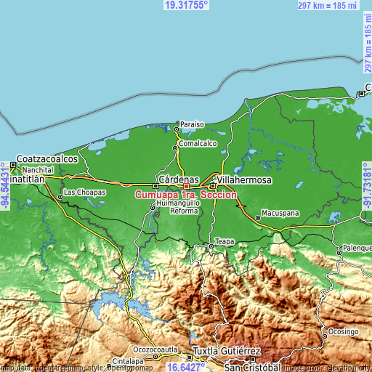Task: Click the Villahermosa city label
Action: click(x=246, y=179)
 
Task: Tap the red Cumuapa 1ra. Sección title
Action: click(x=186, y=194)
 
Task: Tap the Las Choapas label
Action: click(x=85, y=193)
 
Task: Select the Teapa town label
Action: click(x=224, y=240)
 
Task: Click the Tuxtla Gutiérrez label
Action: click(x=226, y=350)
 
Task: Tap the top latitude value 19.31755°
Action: click(x=186, y=5)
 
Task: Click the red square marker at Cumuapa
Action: click(x=187, y=186)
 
